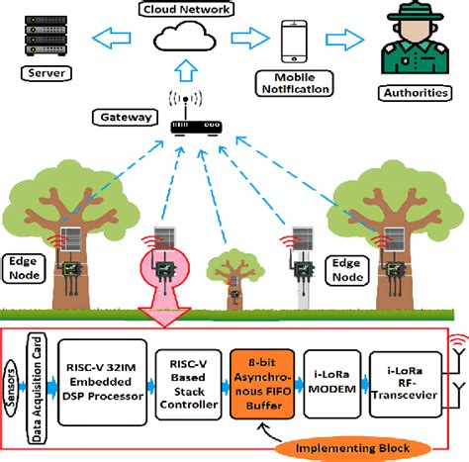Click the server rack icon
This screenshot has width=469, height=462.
[37, 34]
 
